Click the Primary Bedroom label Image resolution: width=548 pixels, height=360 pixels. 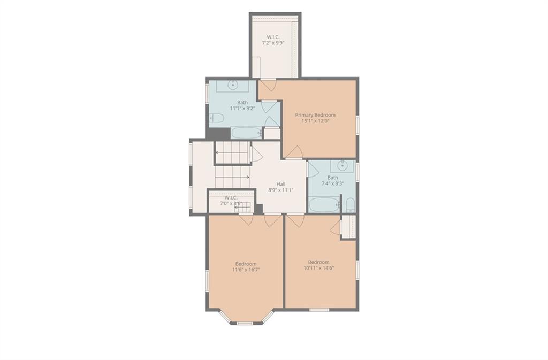tap(315, 115)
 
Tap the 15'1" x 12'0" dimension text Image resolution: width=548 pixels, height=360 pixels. tap(316, 121)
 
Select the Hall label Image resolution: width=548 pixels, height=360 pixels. tap(280, 184)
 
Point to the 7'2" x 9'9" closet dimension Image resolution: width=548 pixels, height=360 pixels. tap(273, 43)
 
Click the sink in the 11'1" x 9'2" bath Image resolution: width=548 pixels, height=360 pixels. tap(233, 85)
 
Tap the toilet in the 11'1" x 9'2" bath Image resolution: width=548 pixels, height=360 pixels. tap(216, 118)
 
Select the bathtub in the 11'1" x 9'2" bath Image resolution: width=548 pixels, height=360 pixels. tap(246, 133)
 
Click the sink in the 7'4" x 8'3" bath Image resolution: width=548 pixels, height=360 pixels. tap(342, 165)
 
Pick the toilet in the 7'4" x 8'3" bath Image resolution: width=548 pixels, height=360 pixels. tap(350, 205)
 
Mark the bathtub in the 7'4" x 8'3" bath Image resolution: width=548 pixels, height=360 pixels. tap(324, 205)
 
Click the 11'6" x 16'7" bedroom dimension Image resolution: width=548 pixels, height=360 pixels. tap(246, 270)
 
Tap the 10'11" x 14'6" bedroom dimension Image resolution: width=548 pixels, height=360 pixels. tap(319, 268)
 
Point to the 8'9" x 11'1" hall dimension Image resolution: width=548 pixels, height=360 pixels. tap(280, 190)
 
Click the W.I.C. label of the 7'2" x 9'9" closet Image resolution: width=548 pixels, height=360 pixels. tap(273, 37)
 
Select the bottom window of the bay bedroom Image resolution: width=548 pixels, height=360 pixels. tap(245, 324)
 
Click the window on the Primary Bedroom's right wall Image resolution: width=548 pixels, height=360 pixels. tap(357, 125)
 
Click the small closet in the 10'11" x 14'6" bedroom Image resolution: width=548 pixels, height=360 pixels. tap(348, 227)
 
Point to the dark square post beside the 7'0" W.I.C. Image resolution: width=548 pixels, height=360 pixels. tap(258, 209)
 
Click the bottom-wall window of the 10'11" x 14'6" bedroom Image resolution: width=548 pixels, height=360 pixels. tap(319, 310)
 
